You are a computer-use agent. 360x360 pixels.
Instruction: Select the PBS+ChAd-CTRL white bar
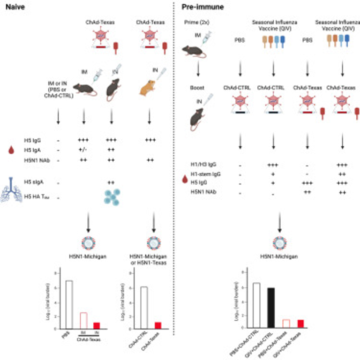[x=256, y=304]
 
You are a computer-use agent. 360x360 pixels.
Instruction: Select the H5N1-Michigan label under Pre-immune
[x=279, y=256]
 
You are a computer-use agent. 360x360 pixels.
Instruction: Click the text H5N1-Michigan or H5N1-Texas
[x=151, y=259]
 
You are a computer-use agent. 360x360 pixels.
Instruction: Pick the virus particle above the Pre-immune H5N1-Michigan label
[x=279, y=242]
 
